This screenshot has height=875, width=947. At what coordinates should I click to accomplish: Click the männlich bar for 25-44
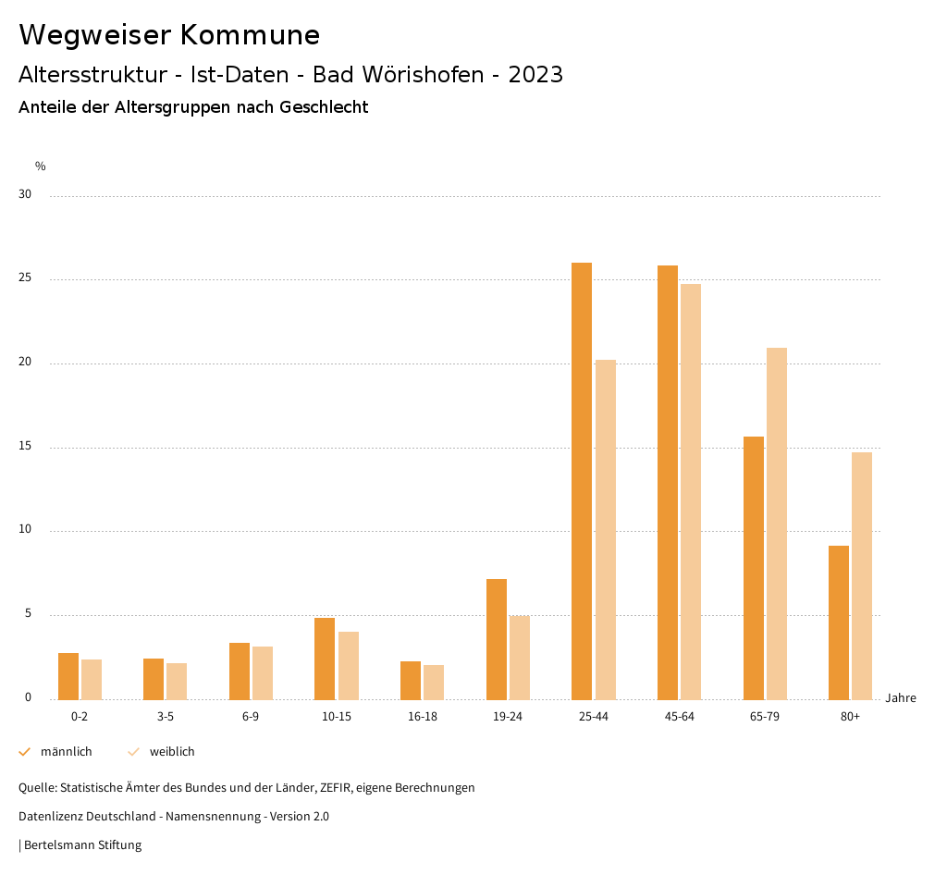[582, 481]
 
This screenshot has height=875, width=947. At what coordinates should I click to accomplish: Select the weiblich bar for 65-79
[777, 524]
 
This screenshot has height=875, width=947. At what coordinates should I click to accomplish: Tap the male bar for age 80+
[839, 622]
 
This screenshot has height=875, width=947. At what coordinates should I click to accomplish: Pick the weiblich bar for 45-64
[691, 491]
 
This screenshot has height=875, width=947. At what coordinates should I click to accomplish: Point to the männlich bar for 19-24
[497, 639]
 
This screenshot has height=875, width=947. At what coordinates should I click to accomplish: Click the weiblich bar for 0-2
[92, 679]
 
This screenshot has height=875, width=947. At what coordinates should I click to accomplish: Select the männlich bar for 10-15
[325, 659]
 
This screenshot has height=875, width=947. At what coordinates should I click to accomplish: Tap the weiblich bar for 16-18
[434, 682]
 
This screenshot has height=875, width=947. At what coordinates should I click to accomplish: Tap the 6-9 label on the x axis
[251, 717]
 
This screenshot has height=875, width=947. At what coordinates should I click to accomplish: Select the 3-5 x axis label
[165, 717]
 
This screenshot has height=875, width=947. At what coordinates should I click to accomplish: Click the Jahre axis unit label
[901, 698]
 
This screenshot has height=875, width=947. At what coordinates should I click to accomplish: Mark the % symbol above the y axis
[41, 166]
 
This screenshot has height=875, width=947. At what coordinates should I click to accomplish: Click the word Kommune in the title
[250, 35]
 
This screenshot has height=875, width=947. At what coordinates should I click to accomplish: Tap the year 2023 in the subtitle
[535, 75]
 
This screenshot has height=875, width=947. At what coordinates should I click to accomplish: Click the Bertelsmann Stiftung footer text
[82, 845]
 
